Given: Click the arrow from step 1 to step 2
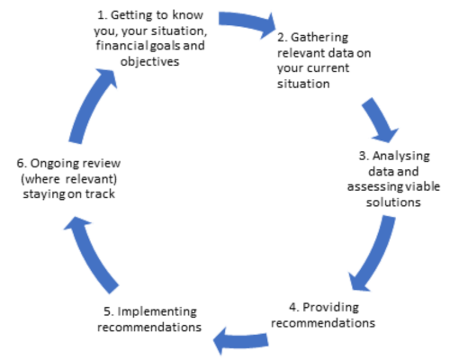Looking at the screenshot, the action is tap(246, 22).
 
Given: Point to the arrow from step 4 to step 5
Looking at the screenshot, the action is tap(240, 341).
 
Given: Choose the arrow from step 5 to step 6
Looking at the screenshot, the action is tap(90, 255).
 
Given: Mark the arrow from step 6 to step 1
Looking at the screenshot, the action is tap(90, 105).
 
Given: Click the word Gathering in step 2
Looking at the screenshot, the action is tap(319, 38).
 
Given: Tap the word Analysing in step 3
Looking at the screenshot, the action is tap(401, 157).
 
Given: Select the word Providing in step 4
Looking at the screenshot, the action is tap(330, 308).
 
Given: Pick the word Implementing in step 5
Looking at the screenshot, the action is tap(157, 312).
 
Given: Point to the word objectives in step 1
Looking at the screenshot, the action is tap(149, 62).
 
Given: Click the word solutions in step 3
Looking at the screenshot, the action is tap(393, 202).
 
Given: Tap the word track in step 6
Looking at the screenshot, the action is tap(100, 194).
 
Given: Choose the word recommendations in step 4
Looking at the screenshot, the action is tap(323, 323).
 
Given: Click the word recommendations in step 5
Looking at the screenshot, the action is tap(149, 328).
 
